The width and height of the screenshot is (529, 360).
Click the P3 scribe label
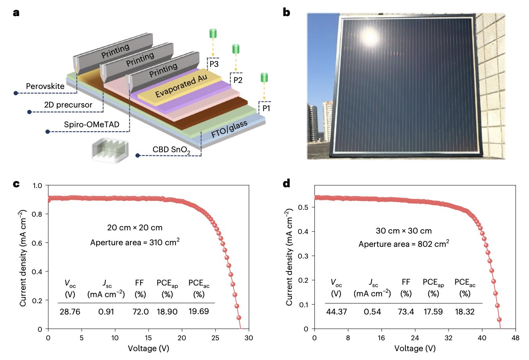[x=214, y=64]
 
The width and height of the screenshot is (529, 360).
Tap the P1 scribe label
[x=266, y=108]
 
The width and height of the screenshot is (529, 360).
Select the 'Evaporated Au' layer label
[x=181, y=85]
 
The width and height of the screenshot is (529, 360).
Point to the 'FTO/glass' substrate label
[x=229, y=129]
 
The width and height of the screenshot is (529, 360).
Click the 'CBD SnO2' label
[x=171, y=150]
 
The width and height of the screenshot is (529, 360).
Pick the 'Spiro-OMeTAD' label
[x=92, y=124]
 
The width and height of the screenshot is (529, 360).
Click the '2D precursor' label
[x=68, y=105]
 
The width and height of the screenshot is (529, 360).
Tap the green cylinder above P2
[x=236, y=49]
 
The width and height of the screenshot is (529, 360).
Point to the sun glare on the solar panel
[x=370, y=37]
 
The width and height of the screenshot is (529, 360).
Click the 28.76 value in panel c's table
[x=70, y=312]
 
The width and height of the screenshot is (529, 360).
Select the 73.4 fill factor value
[x=406, y=312]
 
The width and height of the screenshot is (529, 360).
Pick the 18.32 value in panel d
[x=465, y=312]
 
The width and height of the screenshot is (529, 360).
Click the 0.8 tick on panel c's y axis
[x=37, y=214]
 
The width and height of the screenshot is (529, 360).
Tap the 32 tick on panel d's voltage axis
[x=448, y=338]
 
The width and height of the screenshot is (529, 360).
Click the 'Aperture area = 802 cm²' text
[x=404, y=244]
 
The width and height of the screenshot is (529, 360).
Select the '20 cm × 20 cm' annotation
[x=134, y=228]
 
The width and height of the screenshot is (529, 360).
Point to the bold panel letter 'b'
[x=286, y=12]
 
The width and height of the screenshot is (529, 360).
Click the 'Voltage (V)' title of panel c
[x=149, y=348]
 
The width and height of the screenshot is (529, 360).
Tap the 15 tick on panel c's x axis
[x=148, y=338]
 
